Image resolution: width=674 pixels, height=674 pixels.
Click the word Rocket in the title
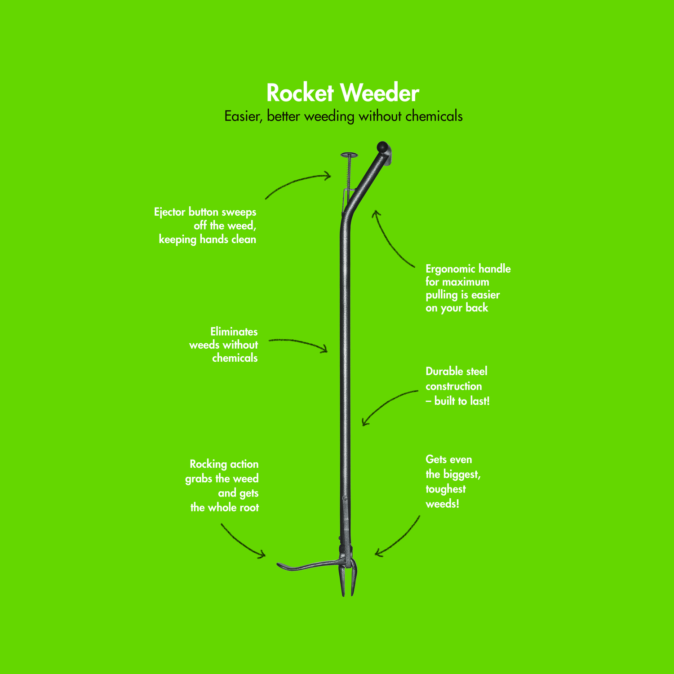[x=300, y=93]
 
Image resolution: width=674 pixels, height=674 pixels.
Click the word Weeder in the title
[x=380, y=93]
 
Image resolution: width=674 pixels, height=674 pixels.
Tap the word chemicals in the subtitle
[x=434, y=116]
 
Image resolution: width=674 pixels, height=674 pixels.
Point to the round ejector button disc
[x=349, y=155]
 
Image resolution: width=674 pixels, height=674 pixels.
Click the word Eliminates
[x=234, y=332]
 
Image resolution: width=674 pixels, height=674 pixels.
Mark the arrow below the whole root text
[x=241, y=542]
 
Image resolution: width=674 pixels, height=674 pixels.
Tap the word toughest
[x=446, y=489]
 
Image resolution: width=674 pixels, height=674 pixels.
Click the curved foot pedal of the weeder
[x=308, y=565]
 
